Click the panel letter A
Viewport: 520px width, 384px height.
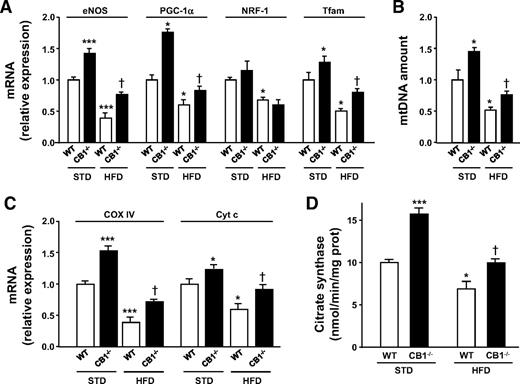[8, 9]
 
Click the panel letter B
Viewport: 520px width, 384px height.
[397, 9]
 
